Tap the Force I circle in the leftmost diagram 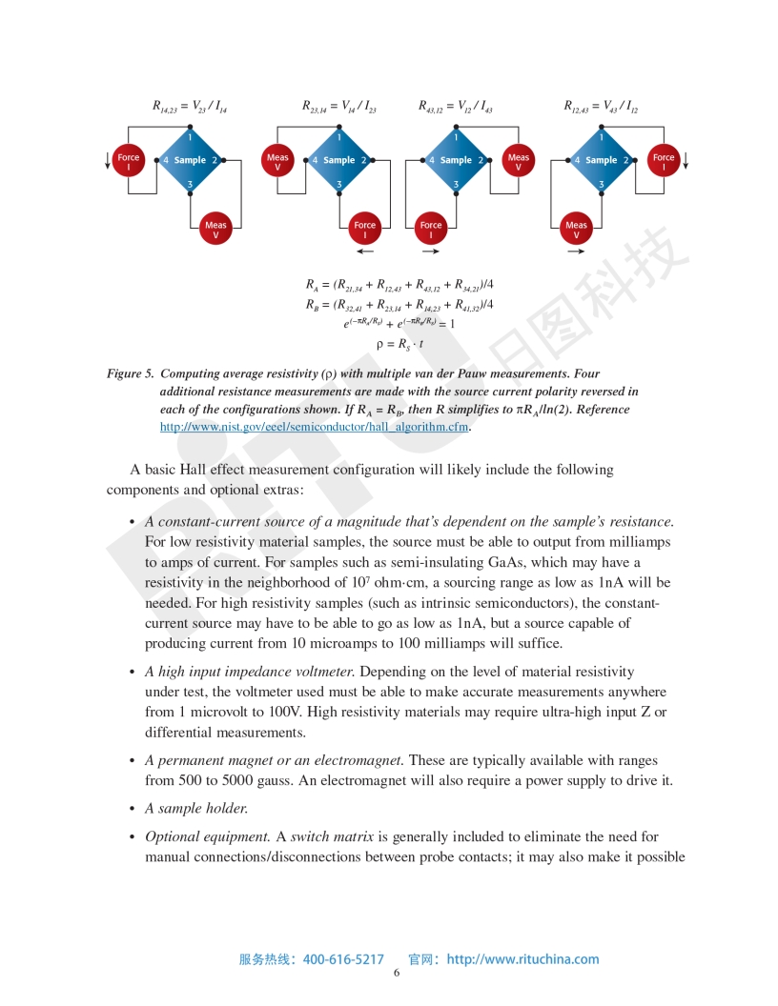pos(129,161)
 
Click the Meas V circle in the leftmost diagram pos(215,230)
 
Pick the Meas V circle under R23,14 pos(277,161)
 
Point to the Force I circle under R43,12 pos(431,230)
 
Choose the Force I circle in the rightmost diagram pos(664,161)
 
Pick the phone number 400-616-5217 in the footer pos(343,959)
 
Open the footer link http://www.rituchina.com pos(522,959)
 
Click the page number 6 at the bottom pos(397,973)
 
